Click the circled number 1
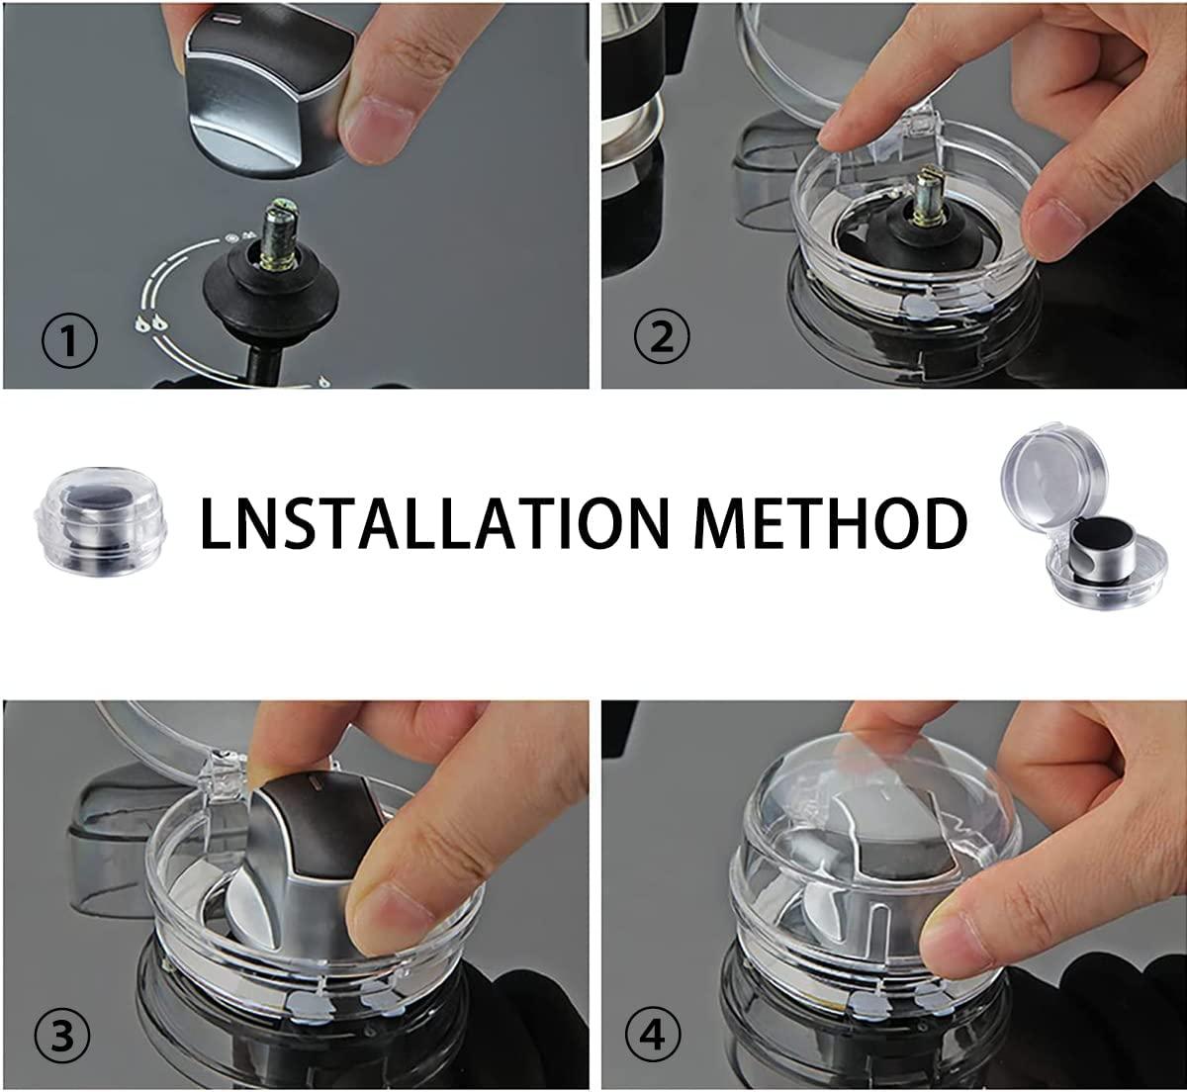pos(70,341)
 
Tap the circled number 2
pos(661,339)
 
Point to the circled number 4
pos(654,1036)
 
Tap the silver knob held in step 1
pos(257,99)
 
